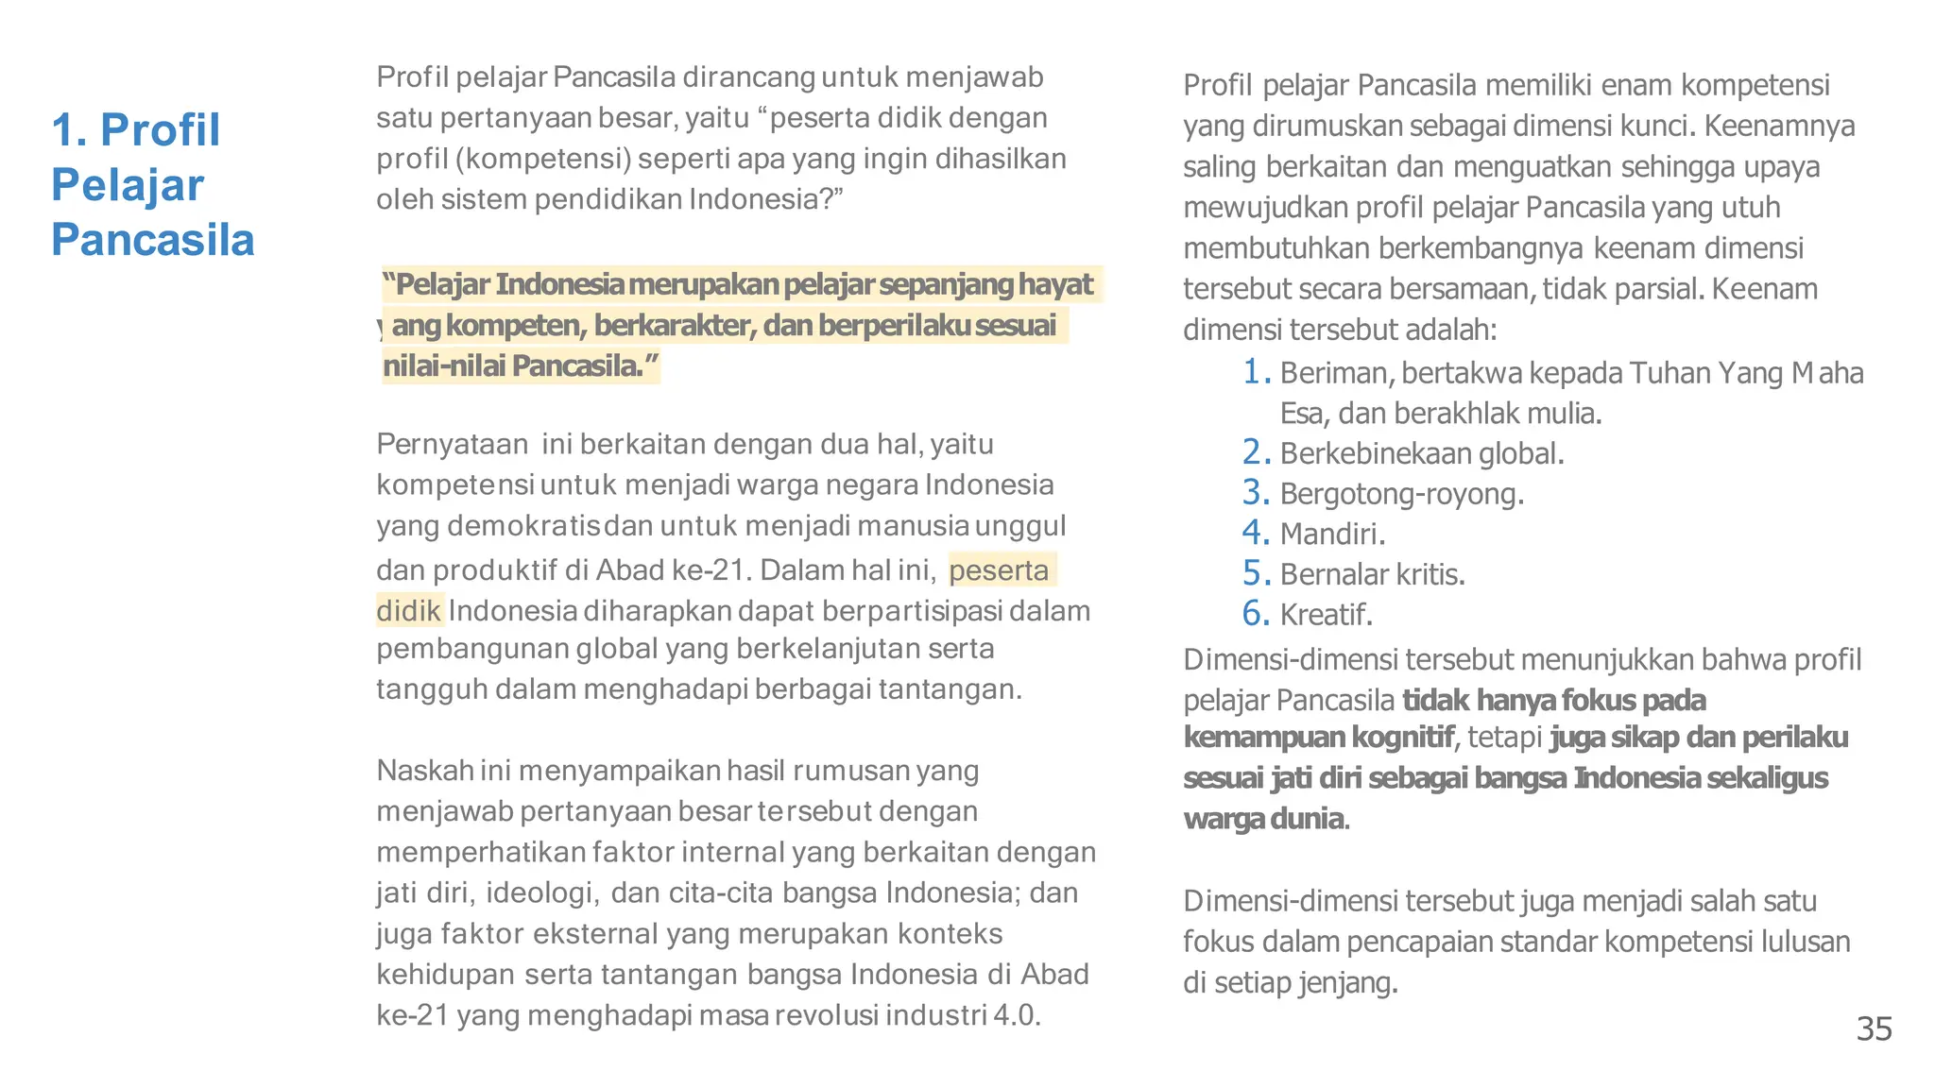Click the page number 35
tap(1874, 1028)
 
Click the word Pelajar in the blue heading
tap(128, 185)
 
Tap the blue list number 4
tap(1254, 533)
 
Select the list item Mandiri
tap(1331, 535)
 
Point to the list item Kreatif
tap(1325, 615)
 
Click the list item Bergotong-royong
tap(1401, 494)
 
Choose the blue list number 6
tap(1254, 614)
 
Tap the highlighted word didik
tap(408, 611)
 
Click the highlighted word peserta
tap(999, 570)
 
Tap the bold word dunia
tap(1307, 819)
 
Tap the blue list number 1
tap(1254, 372)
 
